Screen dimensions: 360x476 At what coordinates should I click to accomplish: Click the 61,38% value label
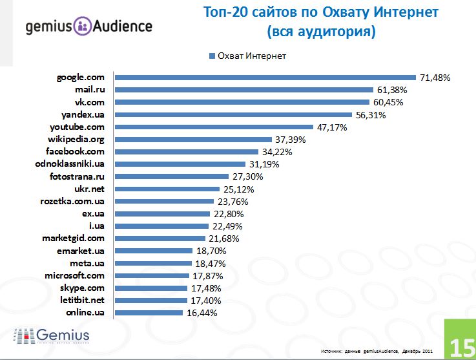391,90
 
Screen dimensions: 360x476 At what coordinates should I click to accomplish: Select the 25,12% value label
238,189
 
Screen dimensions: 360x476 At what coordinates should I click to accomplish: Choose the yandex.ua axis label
85,114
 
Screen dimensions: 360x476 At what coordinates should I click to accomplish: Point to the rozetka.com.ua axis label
78,201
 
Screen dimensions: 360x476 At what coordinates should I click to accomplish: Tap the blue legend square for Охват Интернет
211,56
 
